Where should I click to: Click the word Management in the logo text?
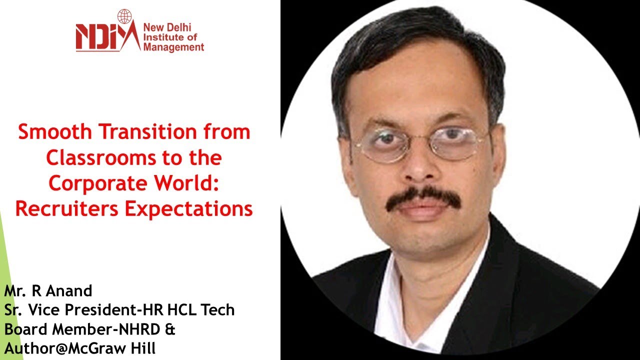pyautogui.click(x=173, y=47)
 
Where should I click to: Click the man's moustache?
pyautogui.click(x=423, y=196)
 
